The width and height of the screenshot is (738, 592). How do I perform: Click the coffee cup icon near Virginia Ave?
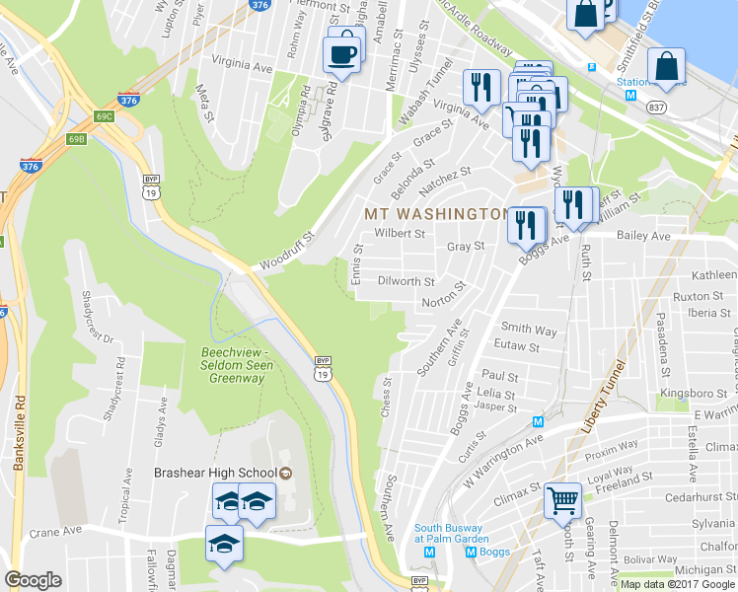[343, 51]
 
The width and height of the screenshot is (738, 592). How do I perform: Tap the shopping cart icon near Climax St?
[562, 500]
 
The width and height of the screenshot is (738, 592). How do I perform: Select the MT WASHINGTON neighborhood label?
[435, 214]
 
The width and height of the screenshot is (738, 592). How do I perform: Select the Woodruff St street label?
[286, 252]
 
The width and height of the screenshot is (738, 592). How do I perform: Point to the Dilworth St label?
[406, 281]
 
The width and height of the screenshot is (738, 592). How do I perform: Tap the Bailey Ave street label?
[642, 237]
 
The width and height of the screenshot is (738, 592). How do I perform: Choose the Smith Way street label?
[529, 329]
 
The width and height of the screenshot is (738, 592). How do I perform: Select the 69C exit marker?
[104, 116]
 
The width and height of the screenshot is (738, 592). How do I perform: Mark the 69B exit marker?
[76, 139]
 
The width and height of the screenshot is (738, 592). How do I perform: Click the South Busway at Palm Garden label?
[452, 533]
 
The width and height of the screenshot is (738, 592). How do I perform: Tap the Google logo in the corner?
[34, 580]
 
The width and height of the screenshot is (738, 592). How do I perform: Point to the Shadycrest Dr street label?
[90, 317]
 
